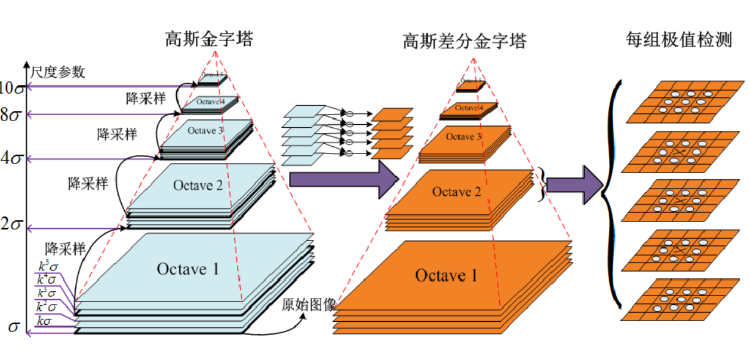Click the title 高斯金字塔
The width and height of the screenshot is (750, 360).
coord(209,39)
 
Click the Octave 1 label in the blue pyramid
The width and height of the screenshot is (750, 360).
coord(187,269)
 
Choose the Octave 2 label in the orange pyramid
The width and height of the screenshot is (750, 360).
coord(457,192)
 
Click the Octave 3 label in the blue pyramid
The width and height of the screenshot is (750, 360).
coord(205,130)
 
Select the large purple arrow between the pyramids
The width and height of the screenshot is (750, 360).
coord(343,179)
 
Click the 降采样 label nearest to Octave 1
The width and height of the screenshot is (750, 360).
coord(65,248)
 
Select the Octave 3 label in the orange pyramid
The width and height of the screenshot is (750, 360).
coord(463,137)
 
